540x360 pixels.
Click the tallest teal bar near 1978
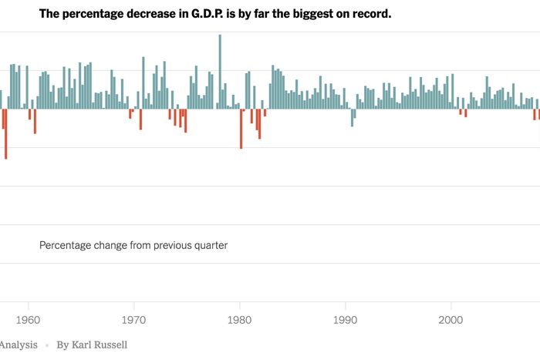click(220, 72)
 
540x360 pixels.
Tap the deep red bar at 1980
click(241, 129)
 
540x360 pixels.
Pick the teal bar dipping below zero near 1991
click(353, 117)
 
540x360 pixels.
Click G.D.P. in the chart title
click(203, 14)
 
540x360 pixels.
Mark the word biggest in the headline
click(290, 14)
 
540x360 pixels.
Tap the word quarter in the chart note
click(210, 245)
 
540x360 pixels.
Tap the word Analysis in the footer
click(18, 345)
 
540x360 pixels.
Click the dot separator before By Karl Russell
click(46, 345)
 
